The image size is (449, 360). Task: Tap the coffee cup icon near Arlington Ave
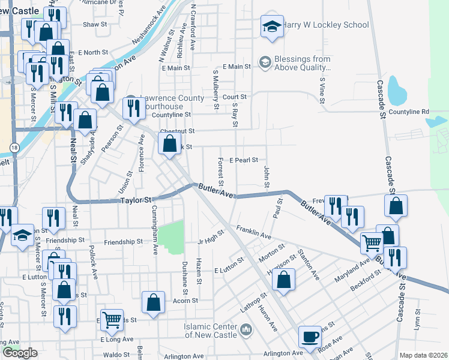(310, 336)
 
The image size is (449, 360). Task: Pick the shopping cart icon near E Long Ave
(112, 319)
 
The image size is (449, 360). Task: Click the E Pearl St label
(243, 160)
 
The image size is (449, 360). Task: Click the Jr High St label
(211, 237)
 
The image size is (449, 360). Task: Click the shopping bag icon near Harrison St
(284, 279)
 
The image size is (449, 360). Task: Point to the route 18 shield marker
(14, 147)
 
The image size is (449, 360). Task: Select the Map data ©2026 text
(423, 355)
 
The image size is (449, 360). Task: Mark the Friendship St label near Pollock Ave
(123, 242)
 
